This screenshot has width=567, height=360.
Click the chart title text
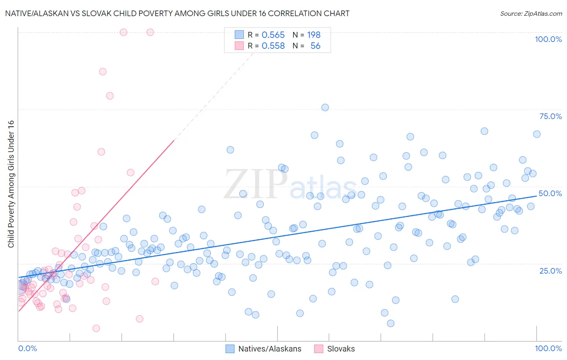(177, 13)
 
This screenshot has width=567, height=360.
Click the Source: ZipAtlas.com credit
(531, 14)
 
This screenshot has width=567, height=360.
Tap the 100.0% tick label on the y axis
(548, 39)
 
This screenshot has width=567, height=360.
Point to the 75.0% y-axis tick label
(550, 116)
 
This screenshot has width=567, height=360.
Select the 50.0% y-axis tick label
(550, 193)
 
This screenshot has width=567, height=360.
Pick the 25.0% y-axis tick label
(550, 270)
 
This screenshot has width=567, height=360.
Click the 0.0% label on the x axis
(27, 348)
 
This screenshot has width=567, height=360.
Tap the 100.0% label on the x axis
(548, 348)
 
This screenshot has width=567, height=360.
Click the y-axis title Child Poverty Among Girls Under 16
(11, 184)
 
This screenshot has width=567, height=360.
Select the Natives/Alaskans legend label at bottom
(270, 349)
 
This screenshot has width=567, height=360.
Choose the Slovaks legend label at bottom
(341, 349)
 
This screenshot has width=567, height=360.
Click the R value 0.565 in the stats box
(273, 35)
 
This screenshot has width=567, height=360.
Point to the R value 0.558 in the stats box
(273, 46)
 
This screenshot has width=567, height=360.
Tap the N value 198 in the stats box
(314, 35)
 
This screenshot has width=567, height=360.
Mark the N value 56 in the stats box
(315, 46)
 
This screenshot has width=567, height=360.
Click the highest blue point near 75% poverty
(325, 107)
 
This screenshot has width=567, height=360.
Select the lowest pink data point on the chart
(96, 329)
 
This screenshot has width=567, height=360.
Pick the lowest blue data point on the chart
(390, 323)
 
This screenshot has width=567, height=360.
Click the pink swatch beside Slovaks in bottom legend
(319, 349)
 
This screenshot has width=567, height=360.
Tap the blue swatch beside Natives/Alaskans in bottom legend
(230, 349)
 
